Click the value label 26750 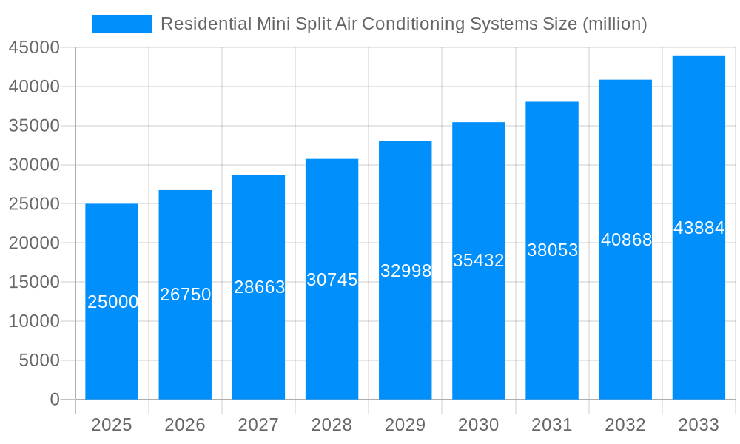click(186, 295)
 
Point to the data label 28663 click(259, 287)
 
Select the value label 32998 click(406, 271)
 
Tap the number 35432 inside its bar click(479, 260)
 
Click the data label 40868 click(626, 240)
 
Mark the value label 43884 click(699, 228)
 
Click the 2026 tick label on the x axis click(185, 425)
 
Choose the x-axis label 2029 click(406, 425)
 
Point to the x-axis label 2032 click(625, 425)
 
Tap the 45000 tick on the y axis click(34, 48)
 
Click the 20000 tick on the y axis click(34, 243)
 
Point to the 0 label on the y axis click(55, 400)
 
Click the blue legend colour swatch click(121, 24)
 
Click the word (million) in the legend click(615, 24)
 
